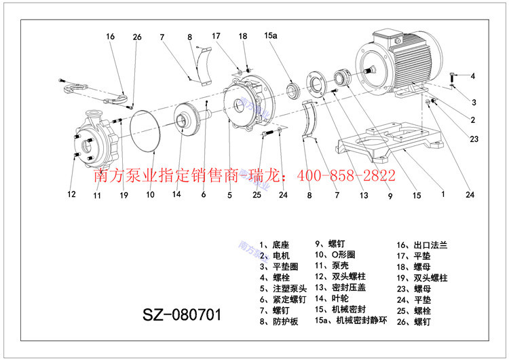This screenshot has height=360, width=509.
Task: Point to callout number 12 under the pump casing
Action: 71,195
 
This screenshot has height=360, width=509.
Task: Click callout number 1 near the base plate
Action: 442,194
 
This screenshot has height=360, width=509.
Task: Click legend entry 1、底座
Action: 276,245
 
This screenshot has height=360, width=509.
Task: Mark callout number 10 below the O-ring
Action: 150,195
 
